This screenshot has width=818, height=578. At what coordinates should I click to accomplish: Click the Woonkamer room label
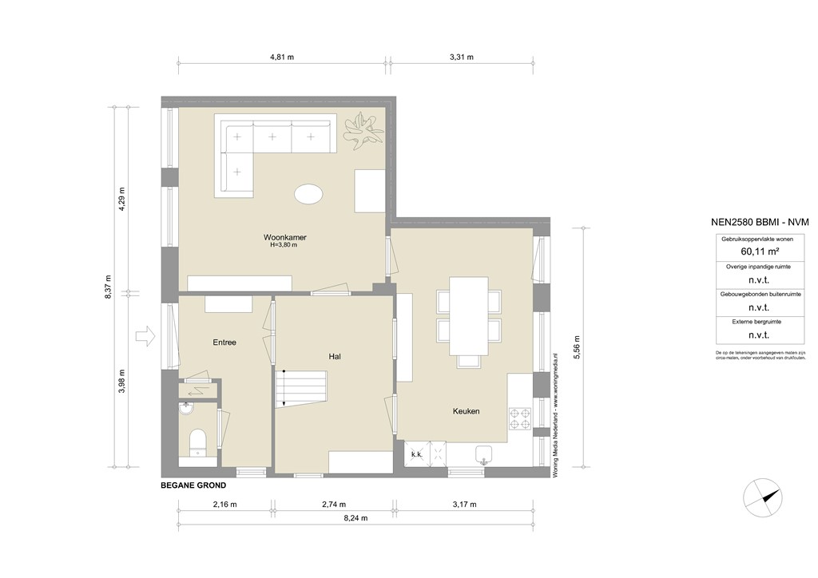coord(285,237)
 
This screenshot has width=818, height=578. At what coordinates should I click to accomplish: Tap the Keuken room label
coord(466,411)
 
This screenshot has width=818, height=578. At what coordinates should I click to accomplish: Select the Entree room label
coord(224,342)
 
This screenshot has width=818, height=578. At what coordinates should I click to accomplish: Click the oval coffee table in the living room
coord(309,194)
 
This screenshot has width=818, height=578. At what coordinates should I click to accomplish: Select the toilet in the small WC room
coord(197,441)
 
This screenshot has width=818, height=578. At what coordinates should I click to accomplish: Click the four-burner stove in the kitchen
coord(522,418)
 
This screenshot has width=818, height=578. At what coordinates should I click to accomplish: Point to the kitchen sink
coord(483,453)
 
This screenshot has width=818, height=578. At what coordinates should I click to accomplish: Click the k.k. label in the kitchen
coord(416,454)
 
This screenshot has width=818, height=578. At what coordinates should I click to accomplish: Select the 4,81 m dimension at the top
coord(281,57)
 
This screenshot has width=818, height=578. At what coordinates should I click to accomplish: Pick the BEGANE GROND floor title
coord(193,485)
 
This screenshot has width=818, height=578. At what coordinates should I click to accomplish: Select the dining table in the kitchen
coord(469,315)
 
